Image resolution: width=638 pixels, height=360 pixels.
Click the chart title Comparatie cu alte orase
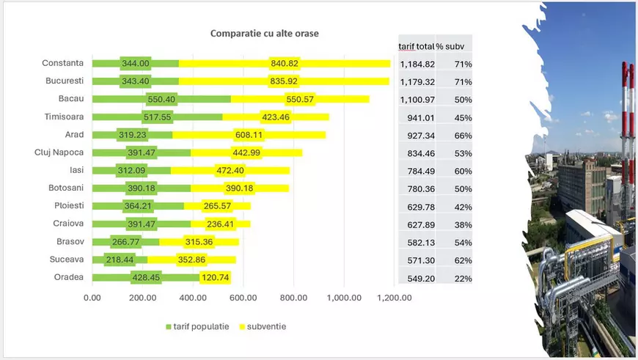[x=264, y=34]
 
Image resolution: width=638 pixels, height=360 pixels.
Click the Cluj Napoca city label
[x=59, y=153]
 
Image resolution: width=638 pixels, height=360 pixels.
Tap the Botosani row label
[x=64, y=188]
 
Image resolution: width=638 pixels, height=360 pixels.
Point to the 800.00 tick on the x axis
[x=293, y=298]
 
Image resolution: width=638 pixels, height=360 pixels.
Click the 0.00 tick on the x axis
[x=92, y=298]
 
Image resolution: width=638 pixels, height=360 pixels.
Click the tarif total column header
[x=416, y=46]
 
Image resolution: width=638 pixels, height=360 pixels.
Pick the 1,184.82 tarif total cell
[x=417, y=64]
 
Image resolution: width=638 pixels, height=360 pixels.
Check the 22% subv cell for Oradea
[x=462, y=279]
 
